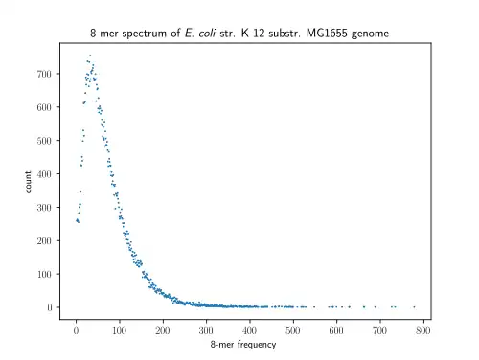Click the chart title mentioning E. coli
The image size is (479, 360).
[x=239, y=34]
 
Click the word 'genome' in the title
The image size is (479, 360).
[x=370, y=34]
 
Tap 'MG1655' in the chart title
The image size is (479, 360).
[x=327, y=34]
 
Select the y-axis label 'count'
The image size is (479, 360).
[x=28, y=182]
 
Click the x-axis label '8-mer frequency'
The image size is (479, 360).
[x=243, y=345]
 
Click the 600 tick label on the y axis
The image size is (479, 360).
[x=44, y=107]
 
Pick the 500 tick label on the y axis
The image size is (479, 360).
[x=44, y=141]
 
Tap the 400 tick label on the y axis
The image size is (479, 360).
[x=44, y=174]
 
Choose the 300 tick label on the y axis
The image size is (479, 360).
[x=44, y=208]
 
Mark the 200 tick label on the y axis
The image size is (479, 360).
[x=44, y=241]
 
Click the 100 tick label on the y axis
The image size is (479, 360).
[x=44, y=274]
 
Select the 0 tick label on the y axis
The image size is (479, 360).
[x=50, y=307]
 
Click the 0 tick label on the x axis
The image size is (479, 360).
[x=76, y=330]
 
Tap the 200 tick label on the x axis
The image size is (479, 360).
[x=163, y=330]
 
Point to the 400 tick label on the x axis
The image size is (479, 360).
[x=250, y=330]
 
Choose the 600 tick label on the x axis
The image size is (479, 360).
[x=336, y=330]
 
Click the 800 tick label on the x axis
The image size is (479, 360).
[x=423, y=330]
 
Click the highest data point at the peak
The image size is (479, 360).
[x=90, y=56]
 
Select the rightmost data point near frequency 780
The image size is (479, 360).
[x=414, y=307]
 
